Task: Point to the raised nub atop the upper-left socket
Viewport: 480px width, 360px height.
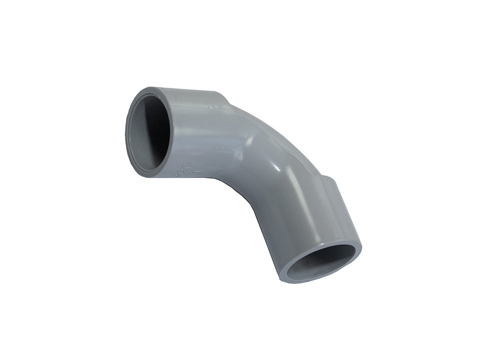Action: tap(214, 105)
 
